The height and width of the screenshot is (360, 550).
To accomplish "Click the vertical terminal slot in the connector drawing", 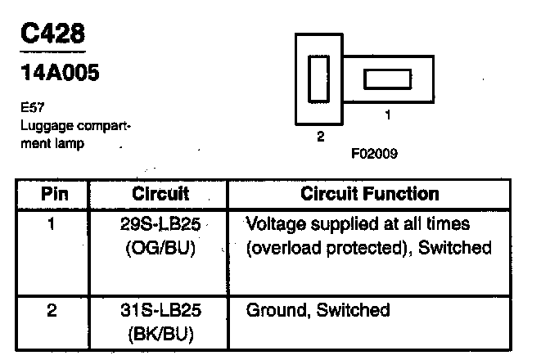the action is point(317,79).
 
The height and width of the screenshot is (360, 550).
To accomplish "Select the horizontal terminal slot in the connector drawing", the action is point(387,79).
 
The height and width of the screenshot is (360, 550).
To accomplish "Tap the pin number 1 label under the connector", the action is point(387,115).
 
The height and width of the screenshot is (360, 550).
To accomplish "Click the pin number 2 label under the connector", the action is point(321,137).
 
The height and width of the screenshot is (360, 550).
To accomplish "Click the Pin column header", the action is point(54,195).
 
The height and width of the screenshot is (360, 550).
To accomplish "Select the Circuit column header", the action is point(160,195).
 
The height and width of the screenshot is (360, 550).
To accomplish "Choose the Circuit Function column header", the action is point(370,195).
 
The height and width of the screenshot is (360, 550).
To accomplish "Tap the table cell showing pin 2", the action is point(52,311).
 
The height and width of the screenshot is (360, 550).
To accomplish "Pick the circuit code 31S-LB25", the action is point(160,311).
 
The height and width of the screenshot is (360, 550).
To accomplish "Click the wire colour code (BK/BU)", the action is point(160,334).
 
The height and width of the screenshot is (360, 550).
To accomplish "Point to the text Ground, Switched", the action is point(318,311).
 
